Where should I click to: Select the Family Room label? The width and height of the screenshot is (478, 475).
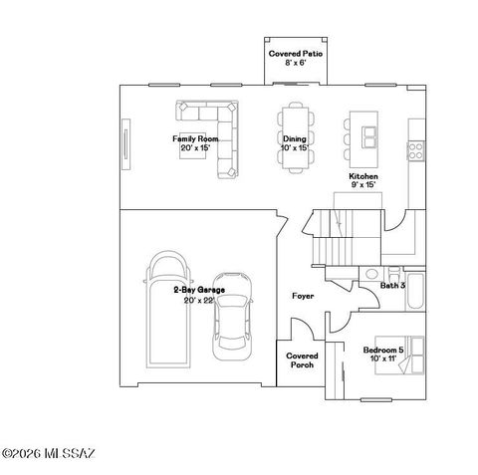tap(196, 138)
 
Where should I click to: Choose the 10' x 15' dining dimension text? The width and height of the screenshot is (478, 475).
tap(294, 147)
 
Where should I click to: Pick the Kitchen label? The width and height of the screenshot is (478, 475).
tap(362, 175)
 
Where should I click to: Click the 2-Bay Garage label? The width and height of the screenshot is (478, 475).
tap(198, 290)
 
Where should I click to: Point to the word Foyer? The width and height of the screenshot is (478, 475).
tap(303, 296)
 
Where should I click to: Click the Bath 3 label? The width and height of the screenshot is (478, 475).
tap(393, 286)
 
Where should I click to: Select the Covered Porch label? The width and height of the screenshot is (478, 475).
tap(301, 359)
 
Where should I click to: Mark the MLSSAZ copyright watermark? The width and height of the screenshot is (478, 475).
tap(48, 455)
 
